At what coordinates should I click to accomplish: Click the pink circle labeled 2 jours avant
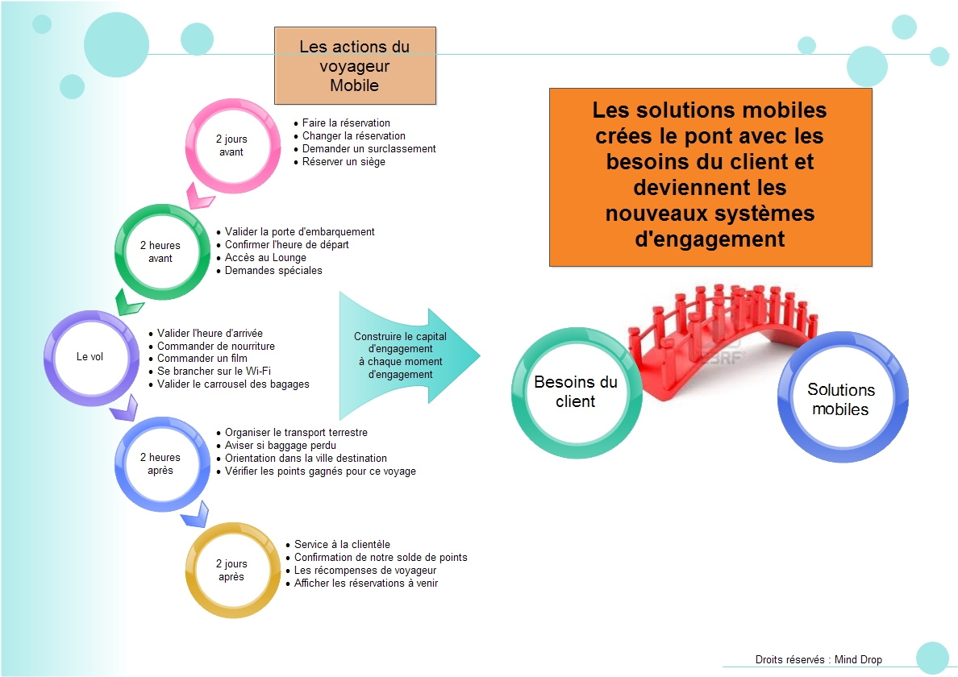231,145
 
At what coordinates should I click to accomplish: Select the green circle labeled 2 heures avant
160,251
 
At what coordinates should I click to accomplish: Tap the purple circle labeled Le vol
90,356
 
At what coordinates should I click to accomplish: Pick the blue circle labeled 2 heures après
160,463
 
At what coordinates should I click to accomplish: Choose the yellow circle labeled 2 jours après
231,570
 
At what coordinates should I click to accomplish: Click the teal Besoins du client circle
576,392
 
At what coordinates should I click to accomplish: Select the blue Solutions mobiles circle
841,398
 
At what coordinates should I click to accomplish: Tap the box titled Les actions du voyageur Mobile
355,65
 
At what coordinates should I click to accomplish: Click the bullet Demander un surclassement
369,148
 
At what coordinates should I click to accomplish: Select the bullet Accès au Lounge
265,258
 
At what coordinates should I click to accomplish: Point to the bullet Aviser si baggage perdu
280,445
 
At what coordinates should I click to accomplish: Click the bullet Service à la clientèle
342,545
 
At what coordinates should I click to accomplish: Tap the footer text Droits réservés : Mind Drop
818,659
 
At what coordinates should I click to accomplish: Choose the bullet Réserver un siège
344,161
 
